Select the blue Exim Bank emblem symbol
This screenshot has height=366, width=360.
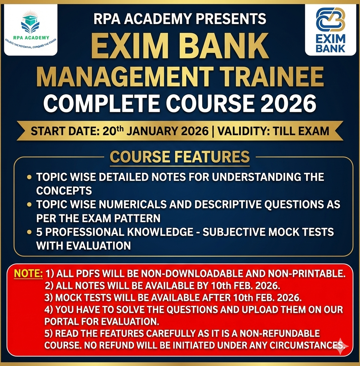(330, 20)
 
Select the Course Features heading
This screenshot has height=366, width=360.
(180, 157)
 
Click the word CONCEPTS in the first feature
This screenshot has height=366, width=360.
(64, 190)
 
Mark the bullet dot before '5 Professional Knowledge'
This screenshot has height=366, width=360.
(30, 232)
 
